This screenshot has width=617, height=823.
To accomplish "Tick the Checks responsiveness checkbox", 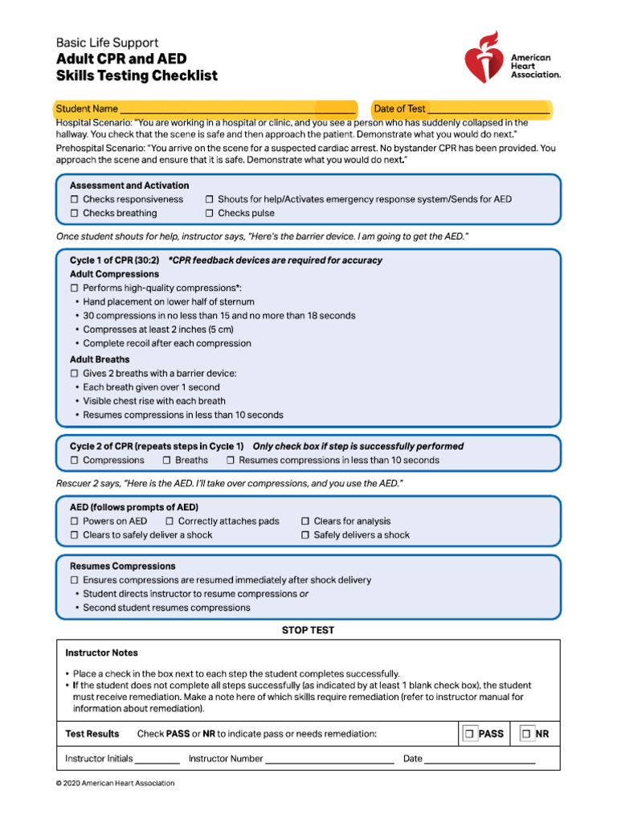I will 74,199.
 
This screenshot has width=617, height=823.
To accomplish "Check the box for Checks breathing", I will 74,214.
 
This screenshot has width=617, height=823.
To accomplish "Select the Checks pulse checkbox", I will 209,214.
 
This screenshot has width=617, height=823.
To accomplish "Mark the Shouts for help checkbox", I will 209,199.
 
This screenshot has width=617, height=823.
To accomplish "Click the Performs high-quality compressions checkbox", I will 74,288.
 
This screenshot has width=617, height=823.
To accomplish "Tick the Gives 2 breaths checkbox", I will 74,374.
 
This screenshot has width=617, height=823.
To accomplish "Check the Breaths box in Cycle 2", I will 166,461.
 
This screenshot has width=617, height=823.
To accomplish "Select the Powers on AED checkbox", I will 74,522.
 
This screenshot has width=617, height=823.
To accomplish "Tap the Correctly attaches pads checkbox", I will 170,522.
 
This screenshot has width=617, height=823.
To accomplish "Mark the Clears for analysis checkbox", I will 304,522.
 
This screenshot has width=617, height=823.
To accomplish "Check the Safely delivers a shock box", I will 304,535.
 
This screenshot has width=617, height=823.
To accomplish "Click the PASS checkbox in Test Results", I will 469,734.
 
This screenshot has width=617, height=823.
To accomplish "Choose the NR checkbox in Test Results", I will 526,734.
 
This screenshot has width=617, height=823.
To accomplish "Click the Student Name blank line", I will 238,109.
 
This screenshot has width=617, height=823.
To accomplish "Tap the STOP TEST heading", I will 308,630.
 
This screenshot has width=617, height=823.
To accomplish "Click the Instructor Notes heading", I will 101,653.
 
